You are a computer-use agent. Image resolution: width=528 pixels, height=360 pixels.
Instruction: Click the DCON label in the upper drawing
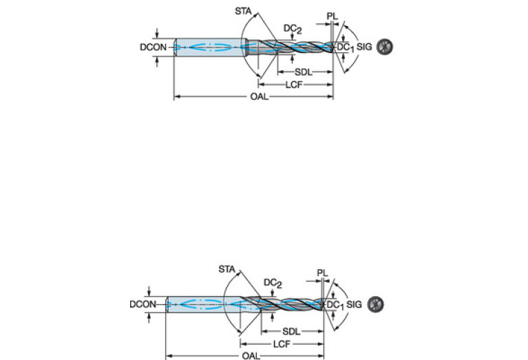(x=153, y=47)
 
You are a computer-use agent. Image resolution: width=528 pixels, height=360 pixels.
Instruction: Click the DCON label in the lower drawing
(x=143, y=304)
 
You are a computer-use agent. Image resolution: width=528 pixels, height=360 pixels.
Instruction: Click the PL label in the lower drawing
(x=323, y=273)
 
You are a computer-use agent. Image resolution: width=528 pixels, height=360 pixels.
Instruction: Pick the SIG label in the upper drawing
(x=365, y=47)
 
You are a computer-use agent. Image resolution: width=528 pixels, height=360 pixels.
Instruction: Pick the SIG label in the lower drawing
(x=355, y=304)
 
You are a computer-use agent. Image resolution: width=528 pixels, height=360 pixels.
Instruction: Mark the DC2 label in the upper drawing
(x=292, y=28)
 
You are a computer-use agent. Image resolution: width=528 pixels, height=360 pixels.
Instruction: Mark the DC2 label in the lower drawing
(x=272, y=283)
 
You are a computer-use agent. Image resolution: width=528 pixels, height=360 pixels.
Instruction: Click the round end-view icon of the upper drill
(x=385, y=47)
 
